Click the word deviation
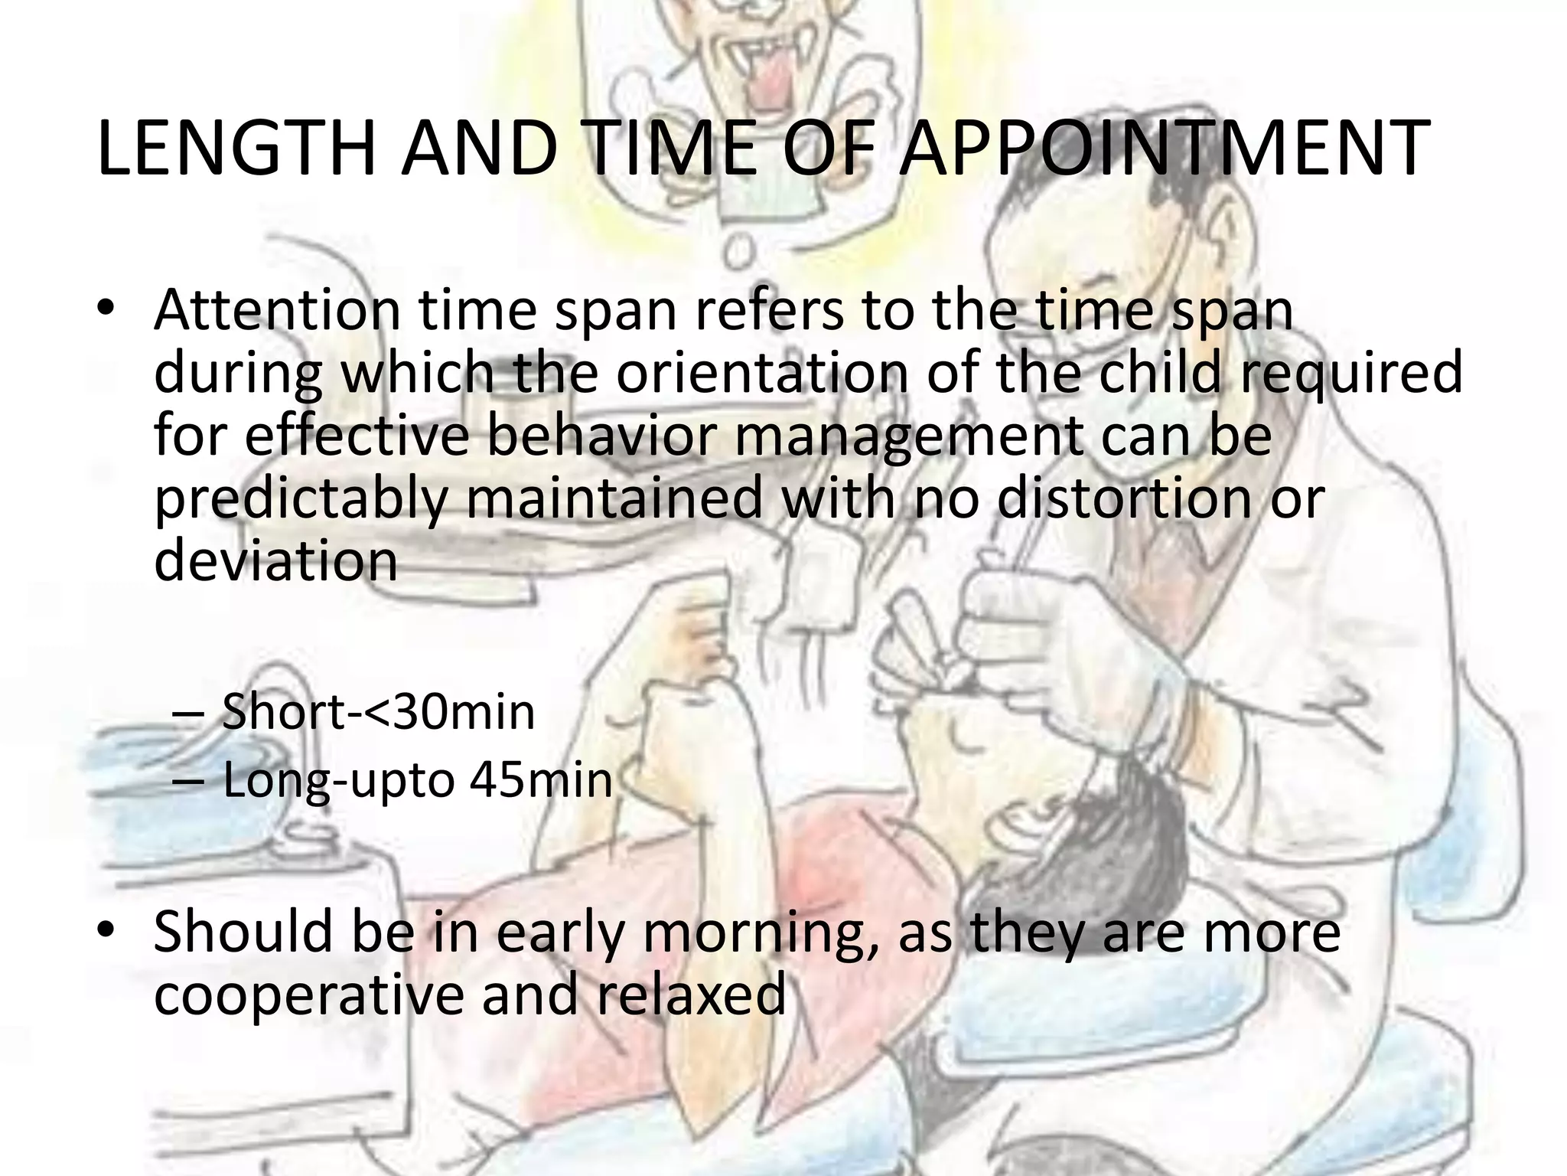point(275,559)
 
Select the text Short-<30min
point(378,712)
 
